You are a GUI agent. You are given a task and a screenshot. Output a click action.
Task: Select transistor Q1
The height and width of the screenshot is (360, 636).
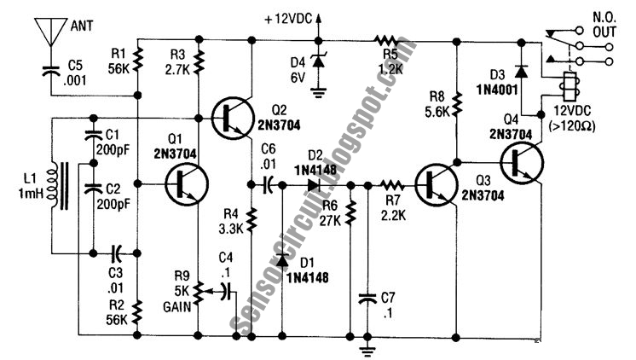(x=187, y=184)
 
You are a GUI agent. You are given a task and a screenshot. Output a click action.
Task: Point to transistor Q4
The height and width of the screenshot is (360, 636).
(x=522, y=163)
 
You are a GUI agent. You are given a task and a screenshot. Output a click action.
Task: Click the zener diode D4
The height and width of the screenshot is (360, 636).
(x=318, y=61)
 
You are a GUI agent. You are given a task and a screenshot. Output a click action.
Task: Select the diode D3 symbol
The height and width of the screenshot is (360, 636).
(x=521, y=72)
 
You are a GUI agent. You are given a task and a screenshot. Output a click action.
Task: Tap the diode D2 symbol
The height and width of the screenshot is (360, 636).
(x=315, y=185)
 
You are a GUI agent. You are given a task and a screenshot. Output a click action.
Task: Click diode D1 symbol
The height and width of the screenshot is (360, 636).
(x=282, y=260)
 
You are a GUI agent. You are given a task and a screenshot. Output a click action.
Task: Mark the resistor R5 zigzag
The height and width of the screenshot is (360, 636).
(x=385, y=40)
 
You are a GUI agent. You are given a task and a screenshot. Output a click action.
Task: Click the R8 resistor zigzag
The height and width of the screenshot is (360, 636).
(x=457, y=104)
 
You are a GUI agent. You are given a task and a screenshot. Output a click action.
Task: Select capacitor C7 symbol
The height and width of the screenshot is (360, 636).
(x=367, y=299)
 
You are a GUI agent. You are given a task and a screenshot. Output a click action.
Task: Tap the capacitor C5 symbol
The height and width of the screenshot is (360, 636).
(x=50, y=72)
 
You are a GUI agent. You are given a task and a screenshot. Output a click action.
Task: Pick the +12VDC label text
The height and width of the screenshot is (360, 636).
(x=288, y=19)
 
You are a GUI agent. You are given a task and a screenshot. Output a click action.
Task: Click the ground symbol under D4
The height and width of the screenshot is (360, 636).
(x=318, y=93)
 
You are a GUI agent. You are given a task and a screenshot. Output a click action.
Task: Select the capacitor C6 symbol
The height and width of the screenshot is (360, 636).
(x=268, y=185)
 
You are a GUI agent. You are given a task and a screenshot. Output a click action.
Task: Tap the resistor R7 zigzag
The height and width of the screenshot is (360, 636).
(x=392, y=185)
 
